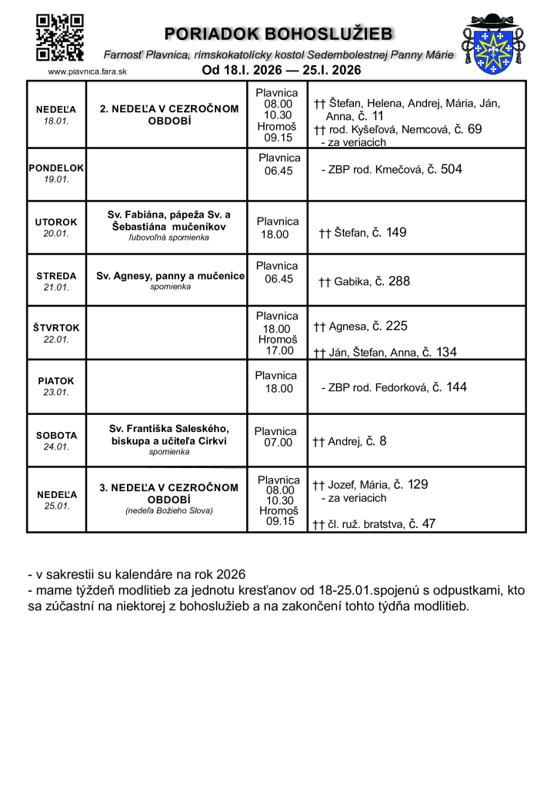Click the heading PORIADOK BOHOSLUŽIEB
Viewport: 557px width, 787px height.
pyautogui.click(x=279, y=34)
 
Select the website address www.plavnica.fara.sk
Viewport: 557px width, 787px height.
pyautogui.click(x=87, y=71)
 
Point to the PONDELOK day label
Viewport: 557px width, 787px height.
pyautogui.click(x=56, y=168)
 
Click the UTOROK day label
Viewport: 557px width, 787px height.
pyautogui.click(x=56, y=222)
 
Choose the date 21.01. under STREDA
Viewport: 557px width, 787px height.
pyautogui.click(x=56, y=287)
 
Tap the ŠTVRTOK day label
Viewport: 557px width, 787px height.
pyautogui.click(x=56, y=327)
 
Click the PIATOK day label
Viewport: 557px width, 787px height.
pyautogui.click(x=56, y=380)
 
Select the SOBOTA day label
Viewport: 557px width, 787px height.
pyautogui.click(x=56, y=435)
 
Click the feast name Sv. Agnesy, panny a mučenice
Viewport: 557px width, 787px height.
pyautogui.click(x=170, y=275)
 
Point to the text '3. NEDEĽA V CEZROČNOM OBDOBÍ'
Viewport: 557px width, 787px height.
pyautogui.click(x=169, y=493)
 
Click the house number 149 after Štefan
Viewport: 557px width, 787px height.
pyautogui.click(x=396, y=232)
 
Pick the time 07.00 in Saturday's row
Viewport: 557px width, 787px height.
pyautogui.click(x=278, y=443)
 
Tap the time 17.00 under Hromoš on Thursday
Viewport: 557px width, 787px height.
pyautogui.click(x=278, y=351)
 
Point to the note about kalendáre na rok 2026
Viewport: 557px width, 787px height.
pyautogui.click(x=135, y=574)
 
